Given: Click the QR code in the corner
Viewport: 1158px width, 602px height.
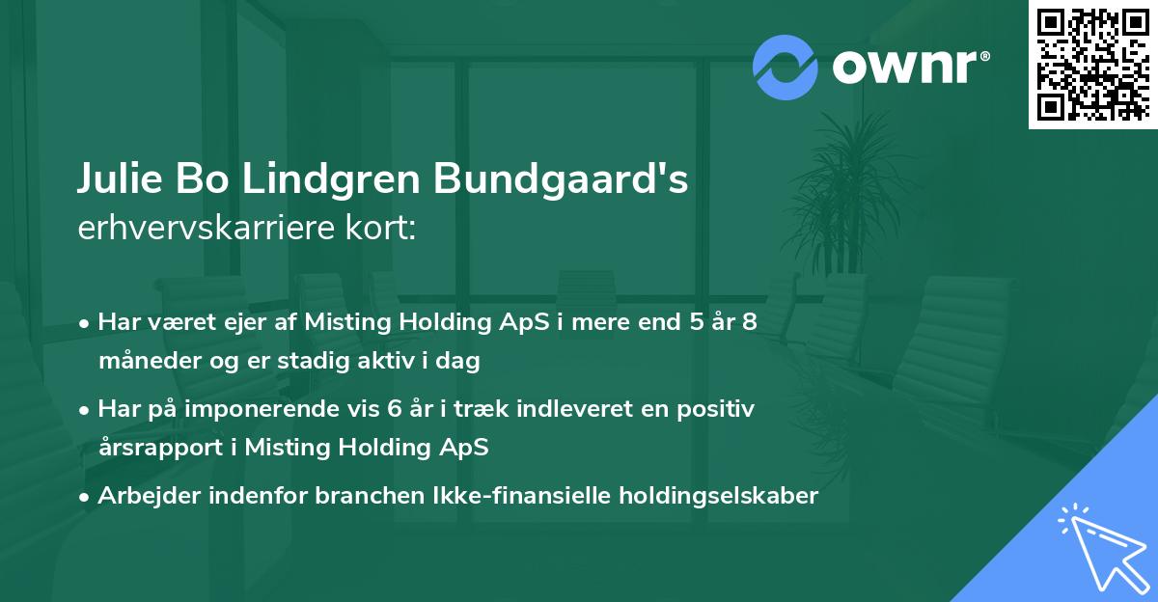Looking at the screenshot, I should point(1092,64).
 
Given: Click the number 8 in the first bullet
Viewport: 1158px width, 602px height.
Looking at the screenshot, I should point(749,323).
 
